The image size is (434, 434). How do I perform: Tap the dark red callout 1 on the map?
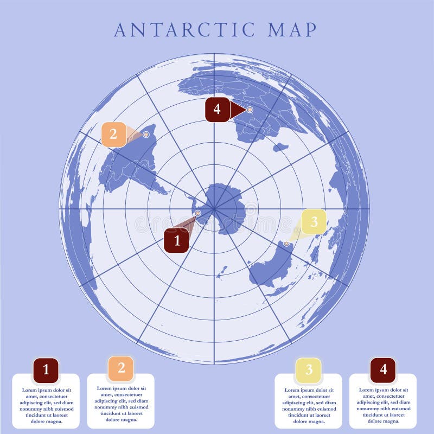[176, 240]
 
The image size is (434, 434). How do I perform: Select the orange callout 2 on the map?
[113, 134]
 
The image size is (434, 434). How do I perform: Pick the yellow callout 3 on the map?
[314, 221]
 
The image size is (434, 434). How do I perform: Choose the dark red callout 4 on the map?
[217, 109]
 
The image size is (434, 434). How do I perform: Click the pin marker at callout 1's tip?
[197, 214]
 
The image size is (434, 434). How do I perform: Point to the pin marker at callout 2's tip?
[146, 134]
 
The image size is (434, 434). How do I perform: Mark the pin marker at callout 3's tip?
[286, 244]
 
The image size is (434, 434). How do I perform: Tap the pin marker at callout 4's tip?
[250, 110]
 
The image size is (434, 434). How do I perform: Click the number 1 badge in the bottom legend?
[46, 370]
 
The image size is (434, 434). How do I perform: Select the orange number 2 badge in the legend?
[121, 368]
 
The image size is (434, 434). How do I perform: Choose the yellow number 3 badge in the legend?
[309, 370]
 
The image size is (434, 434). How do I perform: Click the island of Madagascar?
[280, 147]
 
